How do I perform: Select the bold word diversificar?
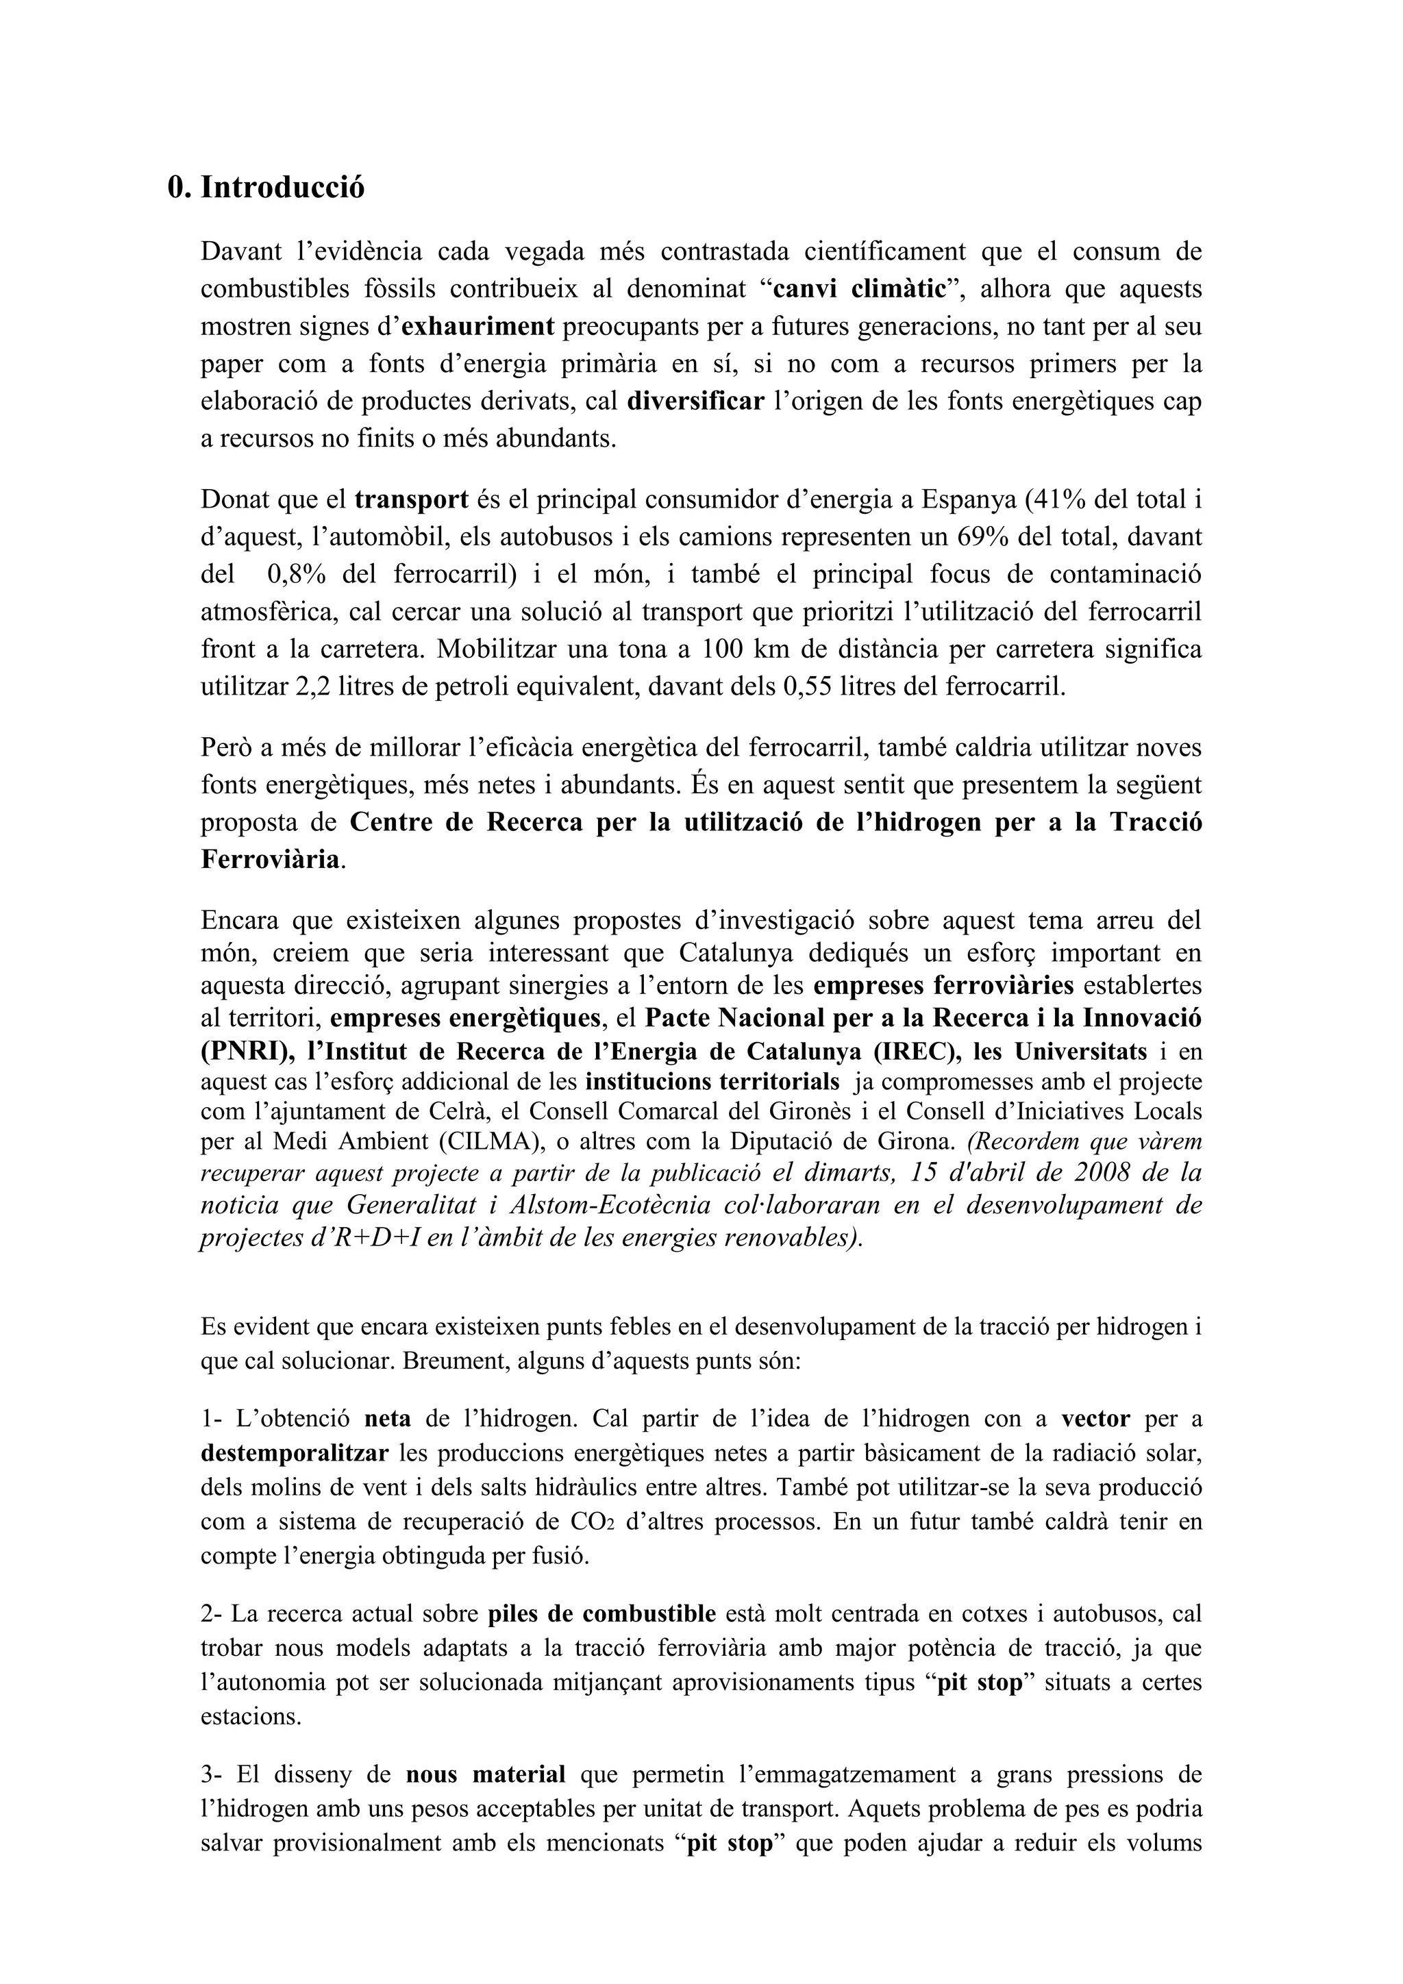[696, 402]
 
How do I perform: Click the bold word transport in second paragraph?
[411, 499]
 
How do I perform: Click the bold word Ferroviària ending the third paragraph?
[271, 859]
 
